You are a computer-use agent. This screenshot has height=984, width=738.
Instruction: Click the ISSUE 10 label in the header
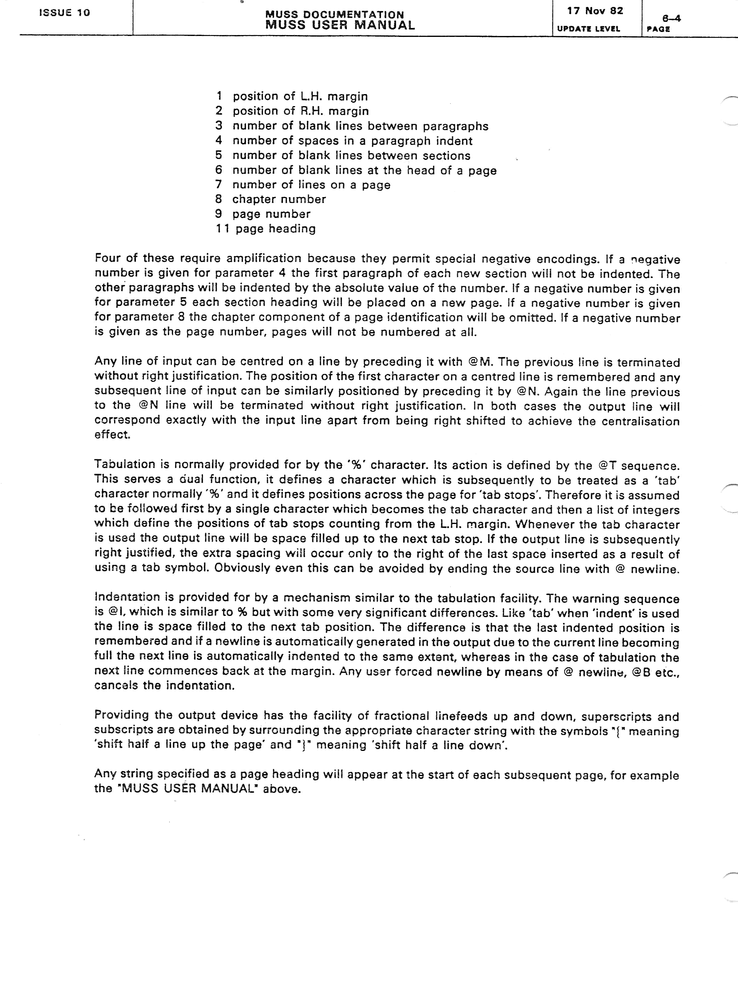pos(65,13)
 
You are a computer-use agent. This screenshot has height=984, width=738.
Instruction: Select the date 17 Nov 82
pos(595,11)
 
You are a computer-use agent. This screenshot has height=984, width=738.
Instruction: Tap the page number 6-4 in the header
pos(671,18)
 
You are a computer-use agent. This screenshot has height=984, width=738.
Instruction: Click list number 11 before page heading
pos(222,229)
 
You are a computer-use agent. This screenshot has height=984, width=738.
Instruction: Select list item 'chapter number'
pos(279,199)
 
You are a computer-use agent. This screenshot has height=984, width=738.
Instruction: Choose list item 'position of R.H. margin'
pos(301,111)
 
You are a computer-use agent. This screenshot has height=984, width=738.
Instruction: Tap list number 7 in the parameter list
pos(218,184)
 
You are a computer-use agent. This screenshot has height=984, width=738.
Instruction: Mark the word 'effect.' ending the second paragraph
pos(112,434)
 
